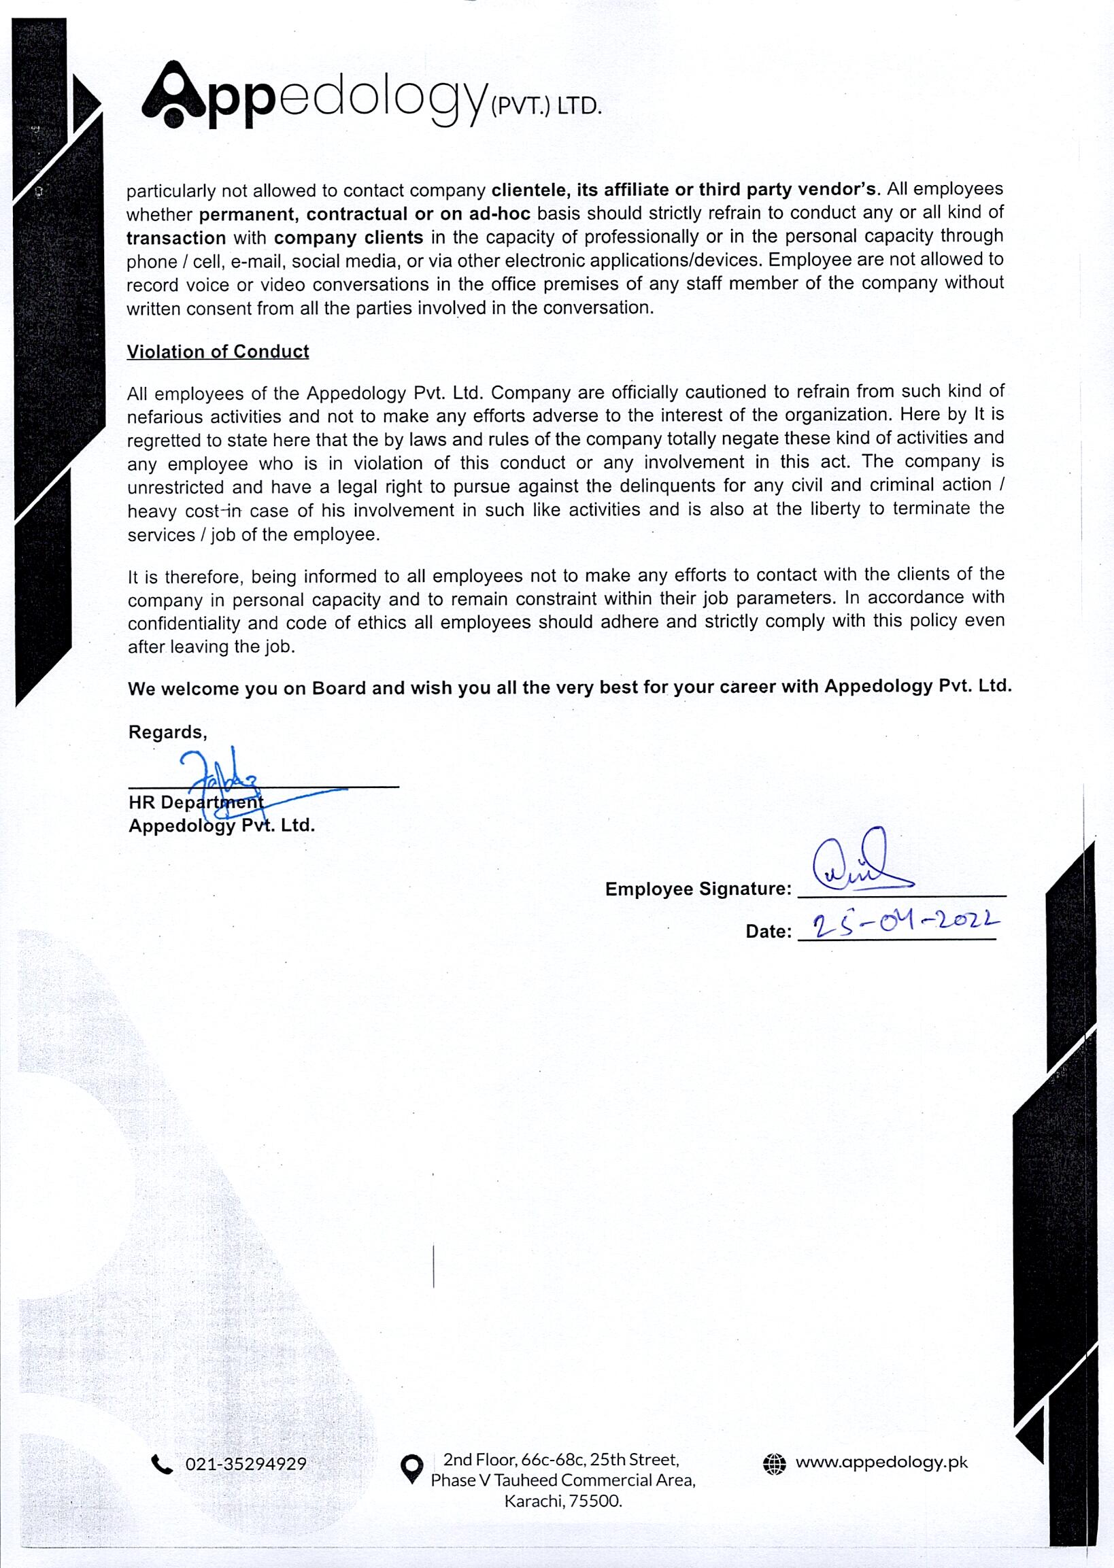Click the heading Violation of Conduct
point(218,352)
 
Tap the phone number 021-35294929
point(246,1465)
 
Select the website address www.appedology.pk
point(881,1463)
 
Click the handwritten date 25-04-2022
point(905,927)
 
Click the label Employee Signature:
point(698,889)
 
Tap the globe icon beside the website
point(774,1465)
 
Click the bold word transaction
point(175,238)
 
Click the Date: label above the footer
point(769,932)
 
